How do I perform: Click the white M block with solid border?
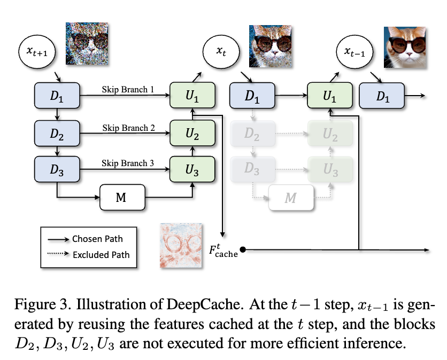coord(123,199)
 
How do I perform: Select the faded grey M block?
coord(290,199)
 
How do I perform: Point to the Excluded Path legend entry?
coord(99,254)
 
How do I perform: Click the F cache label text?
coord(223,248)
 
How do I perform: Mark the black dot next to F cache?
coord(243,249)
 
